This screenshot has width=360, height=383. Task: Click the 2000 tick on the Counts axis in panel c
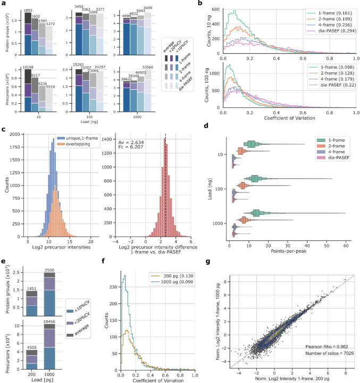click(20, 149)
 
